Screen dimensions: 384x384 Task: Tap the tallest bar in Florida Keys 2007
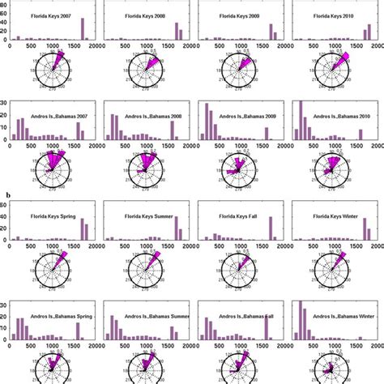[83, 29]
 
